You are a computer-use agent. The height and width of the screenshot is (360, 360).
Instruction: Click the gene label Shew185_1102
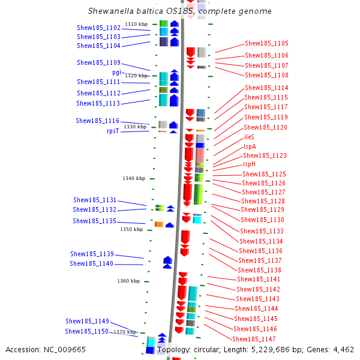pyautogui.click(x=98, y=28)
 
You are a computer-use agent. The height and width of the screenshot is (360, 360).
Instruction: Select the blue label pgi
pyautogui.click(x=116, y=72)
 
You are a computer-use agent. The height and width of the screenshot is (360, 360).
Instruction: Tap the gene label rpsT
pyautogui.click(x=113, y=131)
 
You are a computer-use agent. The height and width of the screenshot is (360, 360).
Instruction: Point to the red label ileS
pyautogui.click(x=249, y=137)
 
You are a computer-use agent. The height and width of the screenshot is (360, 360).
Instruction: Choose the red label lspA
pyautogui.click(x=250, y=146)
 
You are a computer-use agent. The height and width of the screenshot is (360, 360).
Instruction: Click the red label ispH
pyautogui.click(x=250, y=164)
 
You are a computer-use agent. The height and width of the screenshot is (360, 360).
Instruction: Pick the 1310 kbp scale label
pyautogui.click(x=136, y=24)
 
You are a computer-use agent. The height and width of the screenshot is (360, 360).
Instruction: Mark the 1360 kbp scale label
pyautogui.click(x=128, y=281)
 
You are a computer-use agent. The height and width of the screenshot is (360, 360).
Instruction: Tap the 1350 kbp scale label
pyautogui.click(x=131, y=229)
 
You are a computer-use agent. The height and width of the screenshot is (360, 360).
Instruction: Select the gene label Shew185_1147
pyautogui.click(x=254, y=338)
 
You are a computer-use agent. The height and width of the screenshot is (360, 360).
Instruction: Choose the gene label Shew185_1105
pyautogui.click(x=266, y=43)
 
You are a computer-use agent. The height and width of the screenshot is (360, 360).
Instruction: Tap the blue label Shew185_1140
pyautogui.click(x=91, y=263)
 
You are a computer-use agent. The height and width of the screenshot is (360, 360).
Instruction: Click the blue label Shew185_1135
pyautogui.click(x=94, y=221)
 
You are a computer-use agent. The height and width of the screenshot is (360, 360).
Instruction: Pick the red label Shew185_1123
pyautogui.click(x=264, y=155)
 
